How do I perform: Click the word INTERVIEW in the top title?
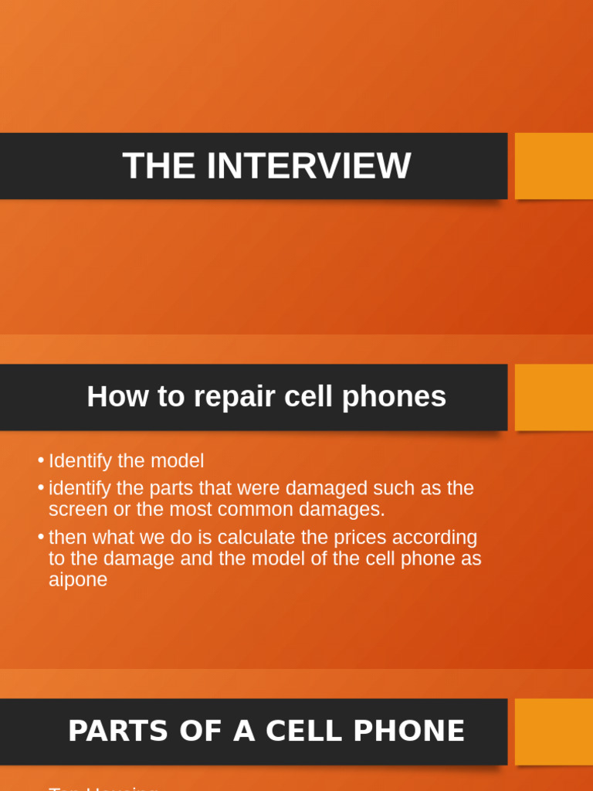point(308,166)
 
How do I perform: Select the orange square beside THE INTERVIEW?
point(554,166)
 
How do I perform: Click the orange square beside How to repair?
point(554,397)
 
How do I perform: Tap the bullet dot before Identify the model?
point(40,460)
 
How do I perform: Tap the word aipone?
point(78,580)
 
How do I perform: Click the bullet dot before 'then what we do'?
point(40,537)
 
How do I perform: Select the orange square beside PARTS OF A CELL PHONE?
point(554,732)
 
